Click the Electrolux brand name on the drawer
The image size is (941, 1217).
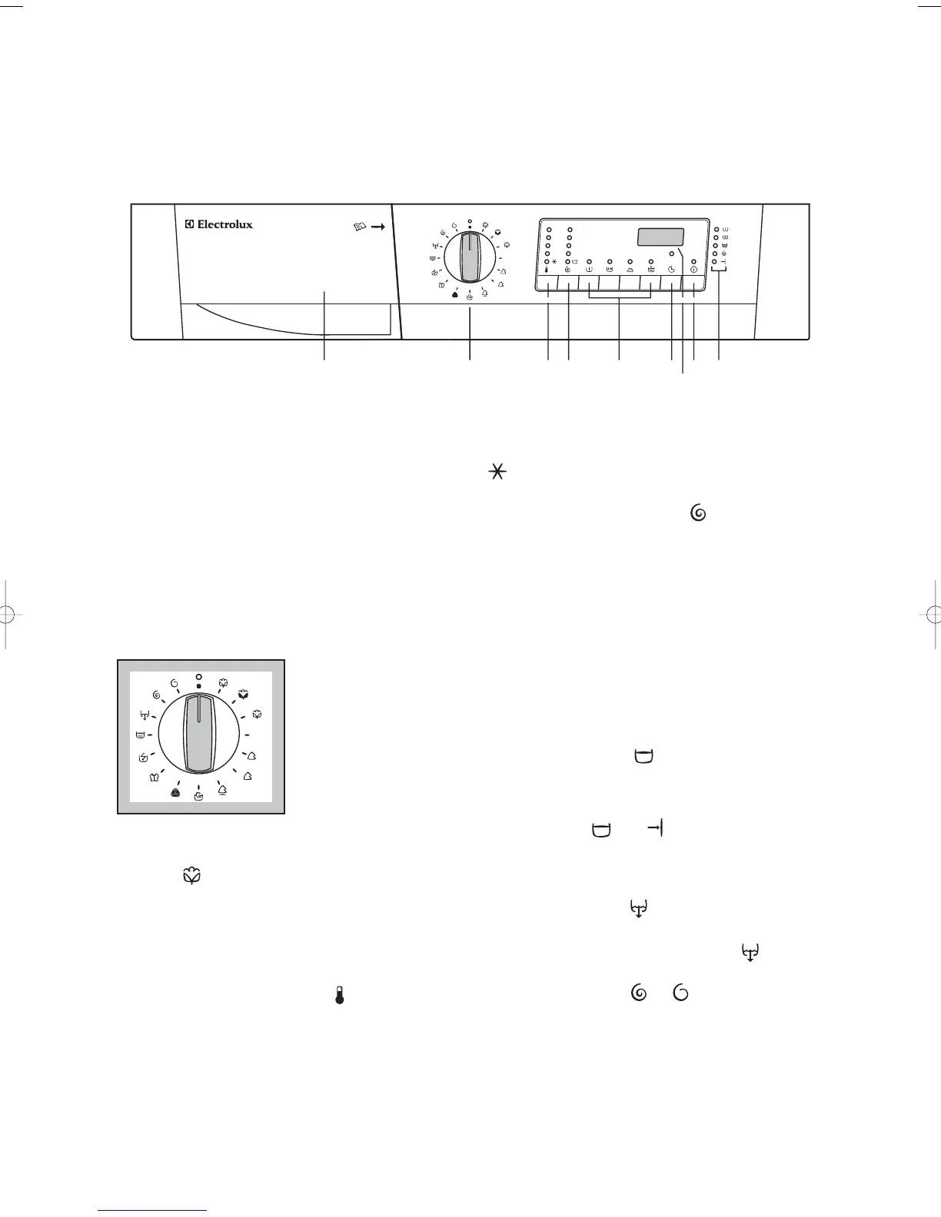point(218,224)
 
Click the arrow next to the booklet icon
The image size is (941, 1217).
point(377,228)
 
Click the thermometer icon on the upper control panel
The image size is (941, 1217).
point(547,270)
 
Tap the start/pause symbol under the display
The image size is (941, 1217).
point(694,270)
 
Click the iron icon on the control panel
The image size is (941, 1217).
point(630,270)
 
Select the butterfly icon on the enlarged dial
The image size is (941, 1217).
point(155,777)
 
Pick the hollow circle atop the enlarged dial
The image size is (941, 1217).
point(198,677)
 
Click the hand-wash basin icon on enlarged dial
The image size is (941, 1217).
point(199,798)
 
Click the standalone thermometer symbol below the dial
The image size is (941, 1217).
point(339,996)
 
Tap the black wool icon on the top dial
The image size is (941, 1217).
point(455,293)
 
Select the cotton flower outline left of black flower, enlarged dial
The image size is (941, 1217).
point(223,682)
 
